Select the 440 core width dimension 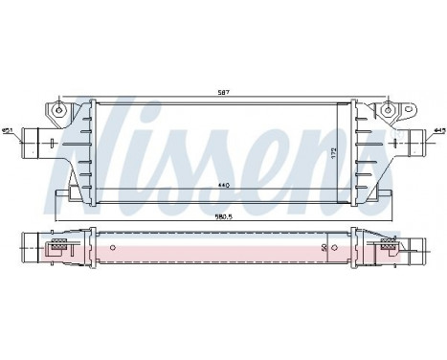pyautogui.click(x=224, y=184)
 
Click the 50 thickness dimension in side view pyautogui.click(x=324, y=247)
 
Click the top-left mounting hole pyautogui.click(x=60, y=109)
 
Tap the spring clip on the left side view pyautogui.click(x=57, y=249)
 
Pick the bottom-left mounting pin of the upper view pyautogui.click(x=60, y=196)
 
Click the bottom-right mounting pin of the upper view pyautogui.click(x=388, y=196)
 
